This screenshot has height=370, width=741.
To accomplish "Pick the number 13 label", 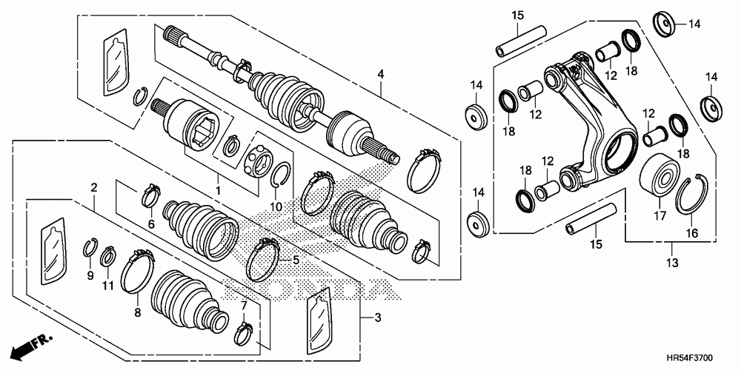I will [672, 263].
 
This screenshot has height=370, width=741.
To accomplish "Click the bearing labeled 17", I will [658, 175].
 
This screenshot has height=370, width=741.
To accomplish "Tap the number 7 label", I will [242, 305].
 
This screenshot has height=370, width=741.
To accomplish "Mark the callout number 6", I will [150, 223].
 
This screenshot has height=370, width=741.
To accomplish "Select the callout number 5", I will [295, 260].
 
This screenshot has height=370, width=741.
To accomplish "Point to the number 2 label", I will [94, 186].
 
